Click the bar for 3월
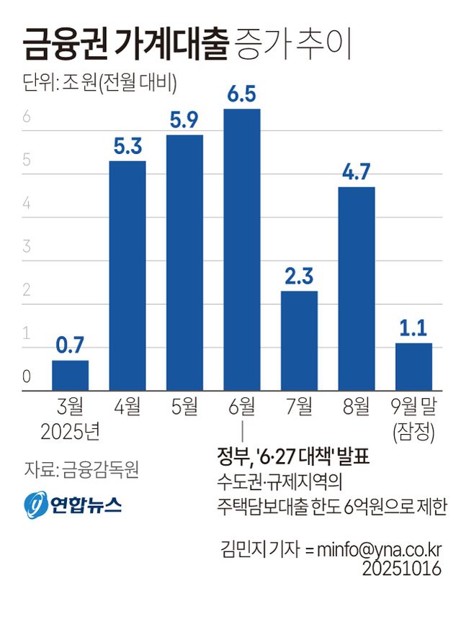coord(70,375)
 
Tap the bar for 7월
coord(299,340)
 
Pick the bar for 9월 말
coord(413,366)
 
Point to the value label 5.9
coord(184,121)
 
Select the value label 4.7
coord(356,173)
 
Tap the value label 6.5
coord(242,95)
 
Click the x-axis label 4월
coord(127,407)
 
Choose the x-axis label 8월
coord(356,407)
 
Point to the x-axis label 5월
coord(184,407)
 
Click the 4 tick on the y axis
coord(27,203)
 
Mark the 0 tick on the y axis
coord(27,376)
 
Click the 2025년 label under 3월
coord(70,432)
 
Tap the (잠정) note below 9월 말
coord(413,432)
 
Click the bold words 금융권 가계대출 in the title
coord(125,45)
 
